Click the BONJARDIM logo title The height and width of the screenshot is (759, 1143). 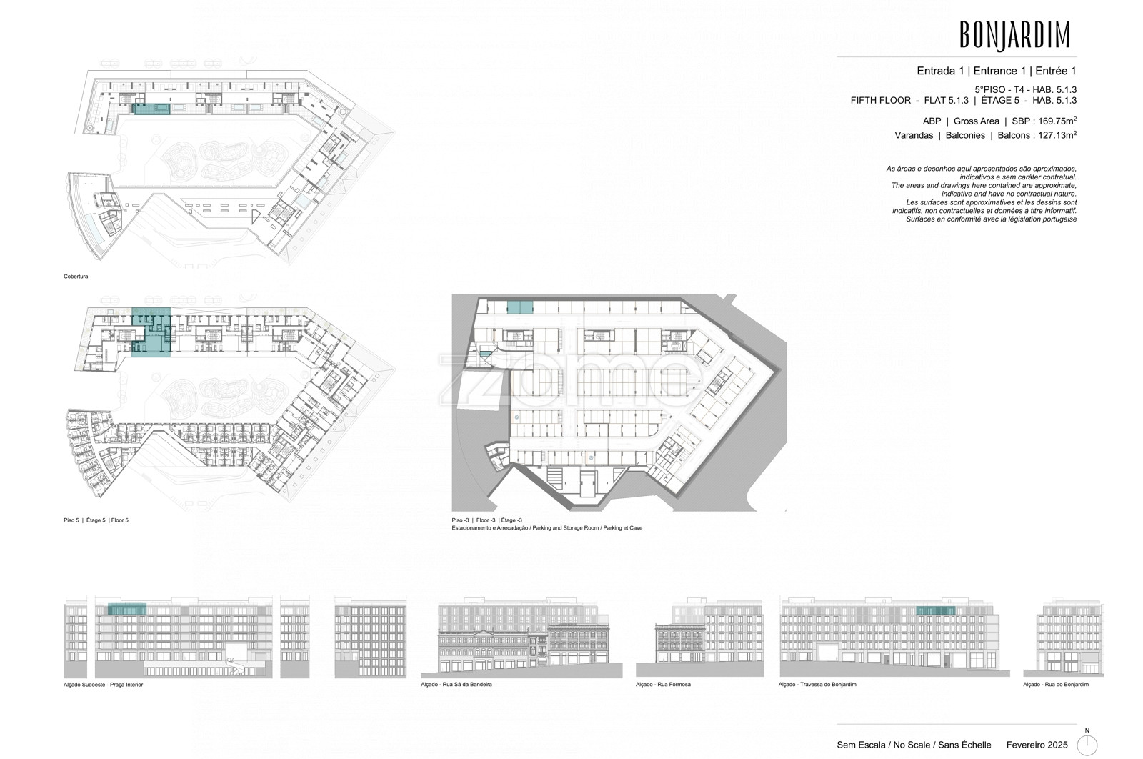coord(1014,35)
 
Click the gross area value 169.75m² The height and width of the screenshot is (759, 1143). coord(1058,121)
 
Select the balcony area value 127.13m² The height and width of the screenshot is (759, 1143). coord(1058,135)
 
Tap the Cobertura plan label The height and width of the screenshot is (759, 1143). coord(76,277)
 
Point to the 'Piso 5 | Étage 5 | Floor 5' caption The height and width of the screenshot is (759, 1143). coord(96,520)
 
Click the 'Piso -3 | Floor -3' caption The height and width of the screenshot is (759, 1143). coord(486,520)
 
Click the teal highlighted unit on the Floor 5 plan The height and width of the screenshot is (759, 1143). coord(151,332)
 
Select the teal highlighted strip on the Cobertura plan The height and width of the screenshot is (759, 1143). coord(151,109)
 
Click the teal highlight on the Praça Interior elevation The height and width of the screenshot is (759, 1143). coord(127,608)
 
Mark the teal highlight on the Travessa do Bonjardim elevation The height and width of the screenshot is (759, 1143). coord(936,610)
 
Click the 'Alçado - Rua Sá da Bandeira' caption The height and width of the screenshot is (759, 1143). coord(456,685)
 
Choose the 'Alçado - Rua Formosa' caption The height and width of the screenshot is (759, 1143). coord(663,685)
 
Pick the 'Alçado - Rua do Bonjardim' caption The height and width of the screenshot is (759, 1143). coord(1056,685)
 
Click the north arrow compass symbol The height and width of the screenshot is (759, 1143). coord(1087,745)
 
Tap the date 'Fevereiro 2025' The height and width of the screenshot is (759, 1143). coord(1037,745)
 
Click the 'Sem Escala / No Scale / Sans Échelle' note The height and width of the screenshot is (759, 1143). coord(914,745)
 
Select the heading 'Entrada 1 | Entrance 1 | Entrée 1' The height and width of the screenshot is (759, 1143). coord(997,71)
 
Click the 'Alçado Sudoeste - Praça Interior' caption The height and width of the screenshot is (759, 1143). coord(103,685)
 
